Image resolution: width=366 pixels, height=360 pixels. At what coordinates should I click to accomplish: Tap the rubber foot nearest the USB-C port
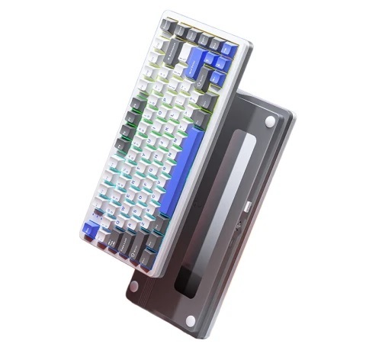point(271,123)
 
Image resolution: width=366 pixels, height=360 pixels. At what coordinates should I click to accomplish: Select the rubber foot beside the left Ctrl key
point(134,286)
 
